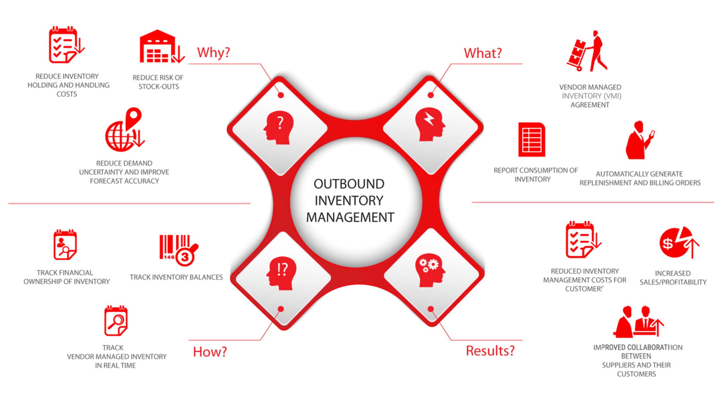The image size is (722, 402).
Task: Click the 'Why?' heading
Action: pos(213,53)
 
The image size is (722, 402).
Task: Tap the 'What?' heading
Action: pos(483,53)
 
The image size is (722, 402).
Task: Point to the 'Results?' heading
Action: pos(490,351)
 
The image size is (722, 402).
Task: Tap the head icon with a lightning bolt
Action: pos(430,124)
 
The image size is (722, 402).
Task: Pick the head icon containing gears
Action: pos(430,270)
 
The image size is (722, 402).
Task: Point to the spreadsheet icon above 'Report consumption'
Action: pos(531,139)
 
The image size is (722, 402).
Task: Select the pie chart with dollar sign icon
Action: pos(678,242)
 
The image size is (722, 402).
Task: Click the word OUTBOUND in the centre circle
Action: pos(349,184)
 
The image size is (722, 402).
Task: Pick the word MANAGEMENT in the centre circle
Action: pos(350,217)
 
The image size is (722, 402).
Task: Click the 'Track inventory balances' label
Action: pos(176,277)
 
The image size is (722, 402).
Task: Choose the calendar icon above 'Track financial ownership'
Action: pos(65,245)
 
